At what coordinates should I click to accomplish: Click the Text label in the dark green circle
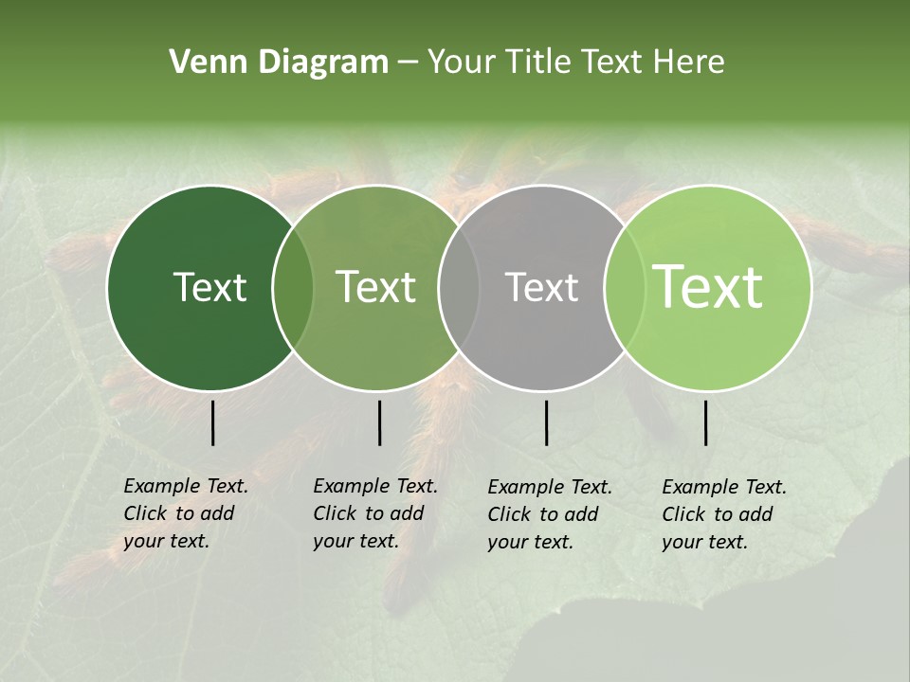coord(209,287)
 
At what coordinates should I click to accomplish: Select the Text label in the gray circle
coord(541,287)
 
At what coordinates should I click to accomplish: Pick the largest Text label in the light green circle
coord(708,287)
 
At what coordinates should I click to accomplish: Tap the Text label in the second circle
coord(376,287)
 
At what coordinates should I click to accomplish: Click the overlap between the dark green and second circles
coord(293,287)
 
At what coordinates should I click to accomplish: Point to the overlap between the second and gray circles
coord(459,287)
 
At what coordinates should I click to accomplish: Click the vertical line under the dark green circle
coord(212,422)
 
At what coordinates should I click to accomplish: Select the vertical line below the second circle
coord(379,422)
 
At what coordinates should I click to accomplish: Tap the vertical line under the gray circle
coord(546,422)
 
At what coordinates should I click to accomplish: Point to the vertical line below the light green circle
coord(705,422)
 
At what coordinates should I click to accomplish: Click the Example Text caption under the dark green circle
coord(186,513)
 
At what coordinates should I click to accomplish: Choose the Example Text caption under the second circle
coord(375,513)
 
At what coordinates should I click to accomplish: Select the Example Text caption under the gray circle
coord(550,514)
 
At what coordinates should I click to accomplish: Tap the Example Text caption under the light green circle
coord(724,514)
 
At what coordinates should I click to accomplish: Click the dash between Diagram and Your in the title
coord(408,63)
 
